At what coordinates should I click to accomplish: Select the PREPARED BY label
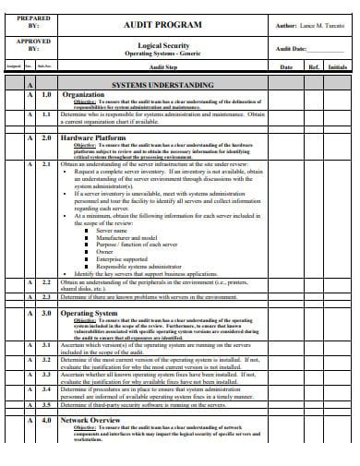tap(34, 22)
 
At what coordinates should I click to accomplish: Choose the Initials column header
tap(338, 67)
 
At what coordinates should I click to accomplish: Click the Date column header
tap(286, 67)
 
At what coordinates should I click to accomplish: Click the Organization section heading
tap(83, 94)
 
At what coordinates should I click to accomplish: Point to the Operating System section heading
tap(90, 314)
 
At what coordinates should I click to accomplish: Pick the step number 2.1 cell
tap(46, 163)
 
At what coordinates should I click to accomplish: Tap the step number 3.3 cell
tap(46, 375)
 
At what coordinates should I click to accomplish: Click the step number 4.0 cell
tap(46, 420)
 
